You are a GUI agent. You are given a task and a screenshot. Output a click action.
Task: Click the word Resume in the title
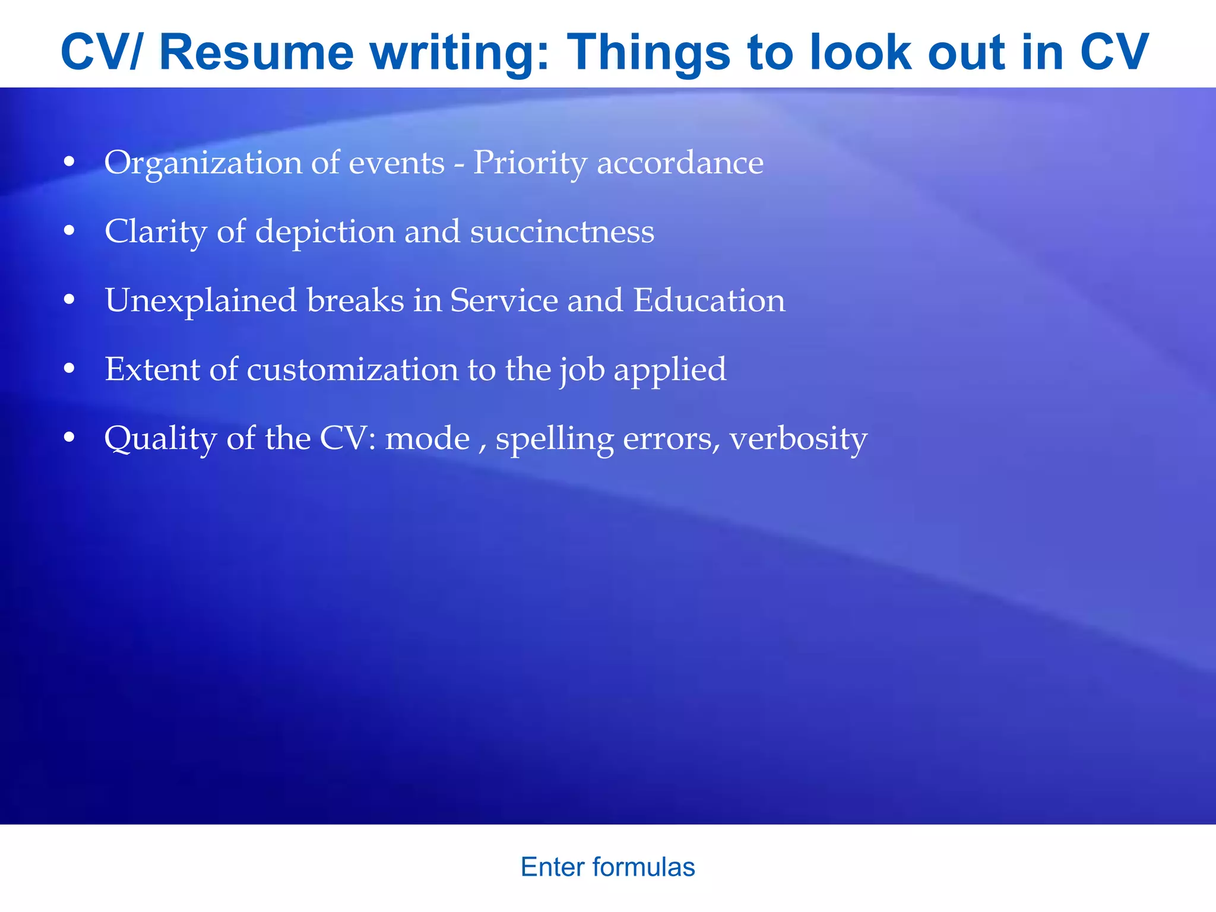coord(256,52)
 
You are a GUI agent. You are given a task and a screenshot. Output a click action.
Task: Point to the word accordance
coord(680,163)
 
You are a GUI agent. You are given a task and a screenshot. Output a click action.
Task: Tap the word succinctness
coord(562,232)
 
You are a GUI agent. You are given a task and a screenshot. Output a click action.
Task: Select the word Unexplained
coord(201,300)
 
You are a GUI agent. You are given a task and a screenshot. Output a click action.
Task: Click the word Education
coord(709,300)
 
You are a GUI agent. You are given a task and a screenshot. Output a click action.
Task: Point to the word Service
coord(503,300)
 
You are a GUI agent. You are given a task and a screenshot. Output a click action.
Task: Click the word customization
coord(352,369)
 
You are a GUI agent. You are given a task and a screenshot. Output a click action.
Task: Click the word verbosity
coord(798,439)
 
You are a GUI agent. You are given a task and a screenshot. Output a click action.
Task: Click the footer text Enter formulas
coord(607,867)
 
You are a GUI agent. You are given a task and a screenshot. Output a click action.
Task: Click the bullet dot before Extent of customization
coord(69,369)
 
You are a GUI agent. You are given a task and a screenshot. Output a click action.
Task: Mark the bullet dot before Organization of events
coord(69,162)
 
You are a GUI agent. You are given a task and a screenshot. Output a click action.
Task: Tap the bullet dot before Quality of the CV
coord(69,438)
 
